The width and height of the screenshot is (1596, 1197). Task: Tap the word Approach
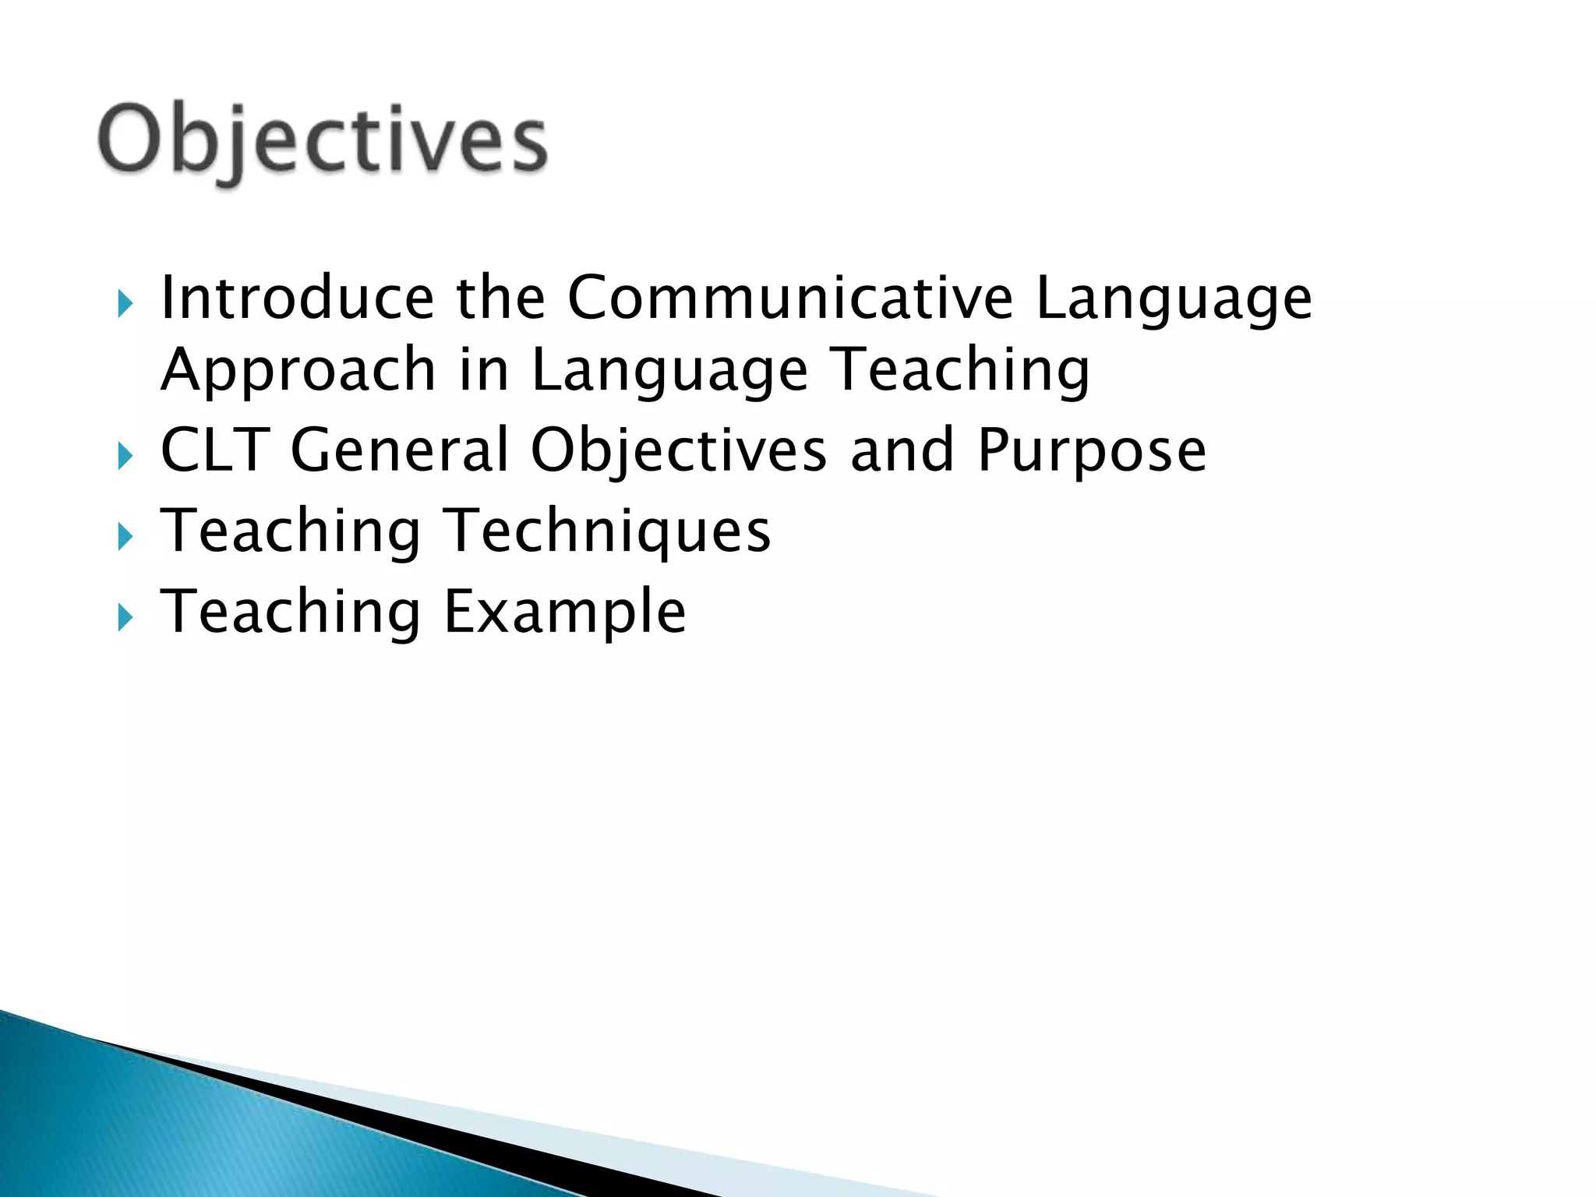coord(298,371)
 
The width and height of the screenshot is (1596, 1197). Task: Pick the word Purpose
coord(1091,452)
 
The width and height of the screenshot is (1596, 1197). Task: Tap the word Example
coord(564,613)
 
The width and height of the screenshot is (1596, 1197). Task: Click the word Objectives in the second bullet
coord(678,452)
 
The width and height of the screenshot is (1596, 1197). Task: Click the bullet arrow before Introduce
coord(125,303)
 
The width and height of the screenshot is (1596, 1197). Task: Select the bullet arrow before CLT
coord(125,456)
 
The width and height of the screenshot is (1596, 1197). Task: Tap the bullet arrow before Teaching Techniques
coord(125,537)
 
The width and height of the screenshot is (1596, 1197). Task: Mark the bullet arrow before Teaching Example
coord(125,618)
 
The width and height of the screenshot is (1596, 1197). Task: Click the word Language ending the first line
coord(1173,300)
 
